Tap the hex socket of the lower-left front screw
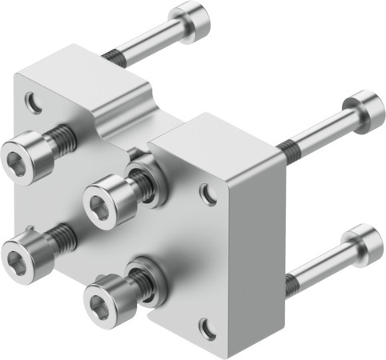[x=16, y=258]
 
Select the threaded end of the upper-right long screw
[x=290, y=146]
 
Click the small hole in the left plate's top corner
[x=32, y=102]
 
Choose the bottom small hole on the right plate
[x=207, y=327]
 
